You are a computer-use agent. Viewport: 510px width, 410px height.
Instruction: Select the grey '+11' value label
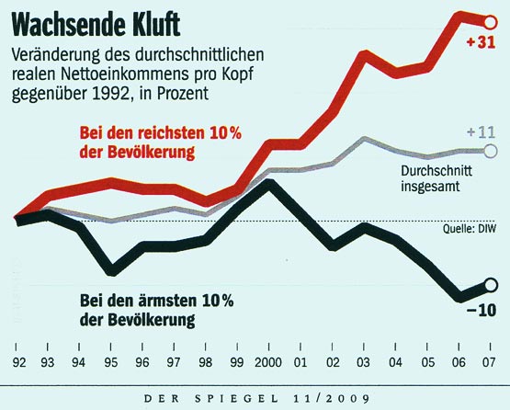482,132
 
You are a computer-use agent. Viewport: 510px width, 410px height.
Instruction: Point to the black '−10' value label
483,310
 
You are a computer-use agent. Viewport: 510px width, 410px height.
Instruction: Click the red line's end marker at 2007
489,19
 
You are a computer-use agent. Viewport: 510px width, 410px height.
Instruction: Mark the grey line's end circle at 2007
489,151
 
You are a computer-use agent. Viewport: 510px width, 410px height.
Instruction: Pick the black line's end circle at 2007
489,285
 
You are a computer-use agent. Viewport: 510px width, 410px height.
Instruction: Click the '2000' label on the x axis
268,362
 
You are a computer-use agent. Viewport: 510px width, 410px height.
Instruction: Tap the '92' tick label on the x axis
17,362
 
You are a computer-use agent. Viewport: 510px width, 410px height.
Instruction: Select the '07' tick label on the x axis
490,362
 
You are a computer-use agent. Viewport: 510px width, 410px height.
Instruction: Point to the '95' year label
111,362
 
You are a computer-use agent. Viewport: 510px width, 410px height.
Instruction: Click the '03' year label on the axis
364,362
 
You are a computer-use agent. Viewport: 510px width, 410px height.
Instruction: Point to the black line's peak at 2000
268,184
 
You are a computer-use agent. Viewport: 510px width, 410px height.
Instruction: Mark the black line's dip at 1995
111,270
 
